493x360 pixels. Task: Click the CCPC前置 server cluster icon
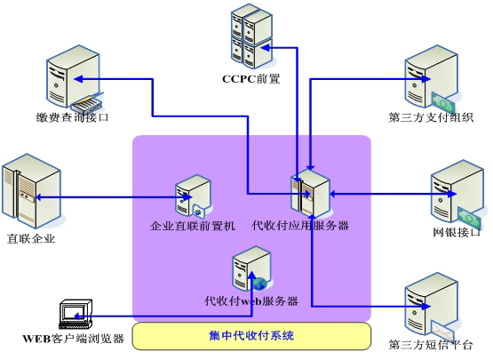(251, 36)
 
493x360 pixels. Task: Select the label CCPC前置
(250, 79)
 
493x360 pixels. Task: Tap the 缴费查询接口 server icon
(75, 79)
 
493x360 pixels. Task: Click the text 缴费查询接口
(72, 117)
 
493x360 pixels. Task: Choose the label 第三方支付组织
(431, 117)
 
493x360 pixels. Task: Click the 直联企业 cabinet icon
(31, 191)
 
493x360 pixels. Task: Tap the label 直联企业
(31, 238)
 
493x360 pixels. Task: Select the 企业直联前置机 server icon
(194, 196)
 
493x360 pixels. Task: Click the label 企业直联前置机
(193, 226)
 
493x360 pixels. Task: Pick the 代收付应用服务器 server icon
(311, 194)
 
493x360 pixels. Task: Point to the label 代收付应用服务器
(300, 225)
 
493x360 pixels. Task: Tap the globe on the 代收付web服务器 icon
(259, 284)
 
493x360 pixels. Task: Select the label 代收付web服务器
(251, 300)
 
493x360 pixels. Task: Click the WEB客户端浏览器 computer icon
(76, 314)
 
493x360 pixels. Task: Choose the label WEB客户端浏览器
(73, 339)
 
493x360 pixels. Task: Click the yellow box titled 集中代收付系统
(251, 336)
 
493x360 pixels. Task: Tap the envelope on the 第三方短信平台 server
(442, 330)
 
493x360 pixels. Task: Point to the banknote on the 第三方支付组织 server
(443, 101)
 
